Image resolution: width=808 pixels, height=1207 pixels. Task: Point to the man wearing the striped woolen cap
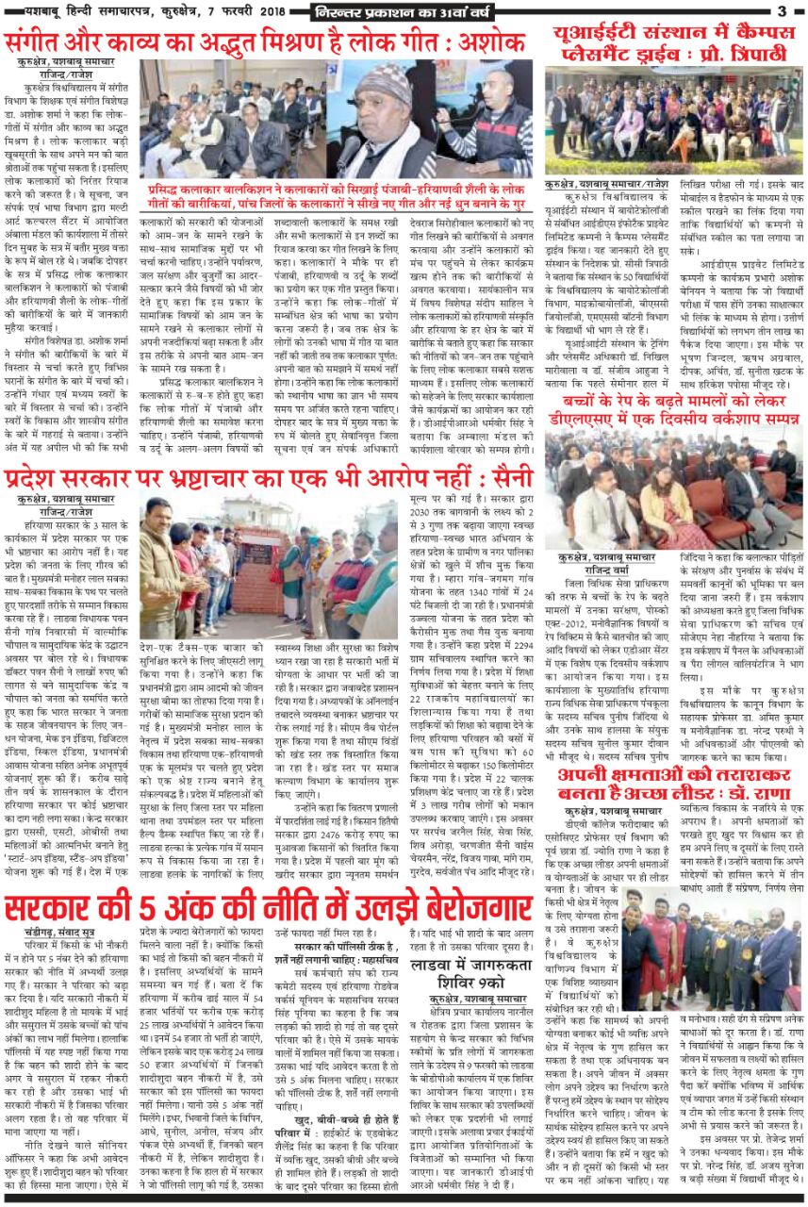[381, 118]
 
